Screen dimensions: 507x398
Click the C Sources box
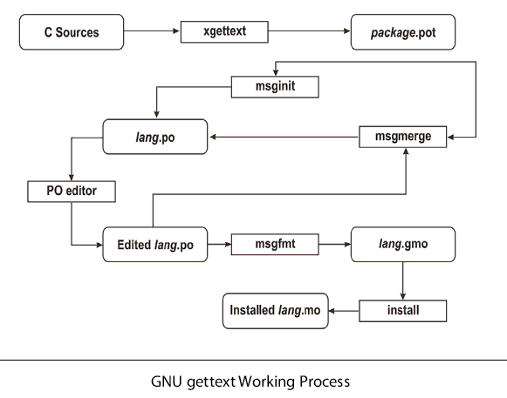[x=72, y=32]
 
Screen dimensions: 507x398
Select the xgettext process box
[x=224, y=31]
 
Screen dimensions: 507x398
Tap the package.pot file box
[x=403, y=32]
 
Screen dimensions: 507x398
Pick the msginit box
[x=275, y=87]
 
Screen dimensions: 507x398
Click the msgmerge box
[x=403, y=137]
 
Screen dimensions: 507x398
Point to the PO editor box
[x=72, y=192]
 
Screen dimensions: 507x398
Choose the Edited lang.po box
[x=155, y=245]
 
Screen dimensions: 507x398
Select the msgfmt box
[x=275, y=245]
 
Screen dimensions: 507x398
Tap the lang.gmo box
[x=403, y=245]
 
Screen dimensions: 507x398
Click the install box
[x=403, y=311]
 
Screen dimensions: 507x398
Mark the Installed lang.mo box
[x=276, y=311]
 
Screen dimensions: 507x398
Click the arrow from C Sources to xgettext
[x=152, y=31]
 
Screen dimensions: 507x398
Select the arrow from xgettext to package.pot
[x=310, y=31]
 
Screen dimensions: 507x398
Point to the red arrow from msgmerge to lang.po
[x=284, y=137]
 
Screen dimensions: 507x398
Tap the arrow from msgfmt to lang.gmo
[x=335, y=245]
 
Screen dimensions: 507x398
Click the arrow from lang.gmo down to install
[x=403, y=280]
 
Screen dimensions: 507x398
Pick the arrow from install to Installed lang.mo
[x=344, y=311]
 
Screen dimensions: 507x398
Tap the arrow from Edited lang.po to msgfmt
[x=219, y=245]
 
